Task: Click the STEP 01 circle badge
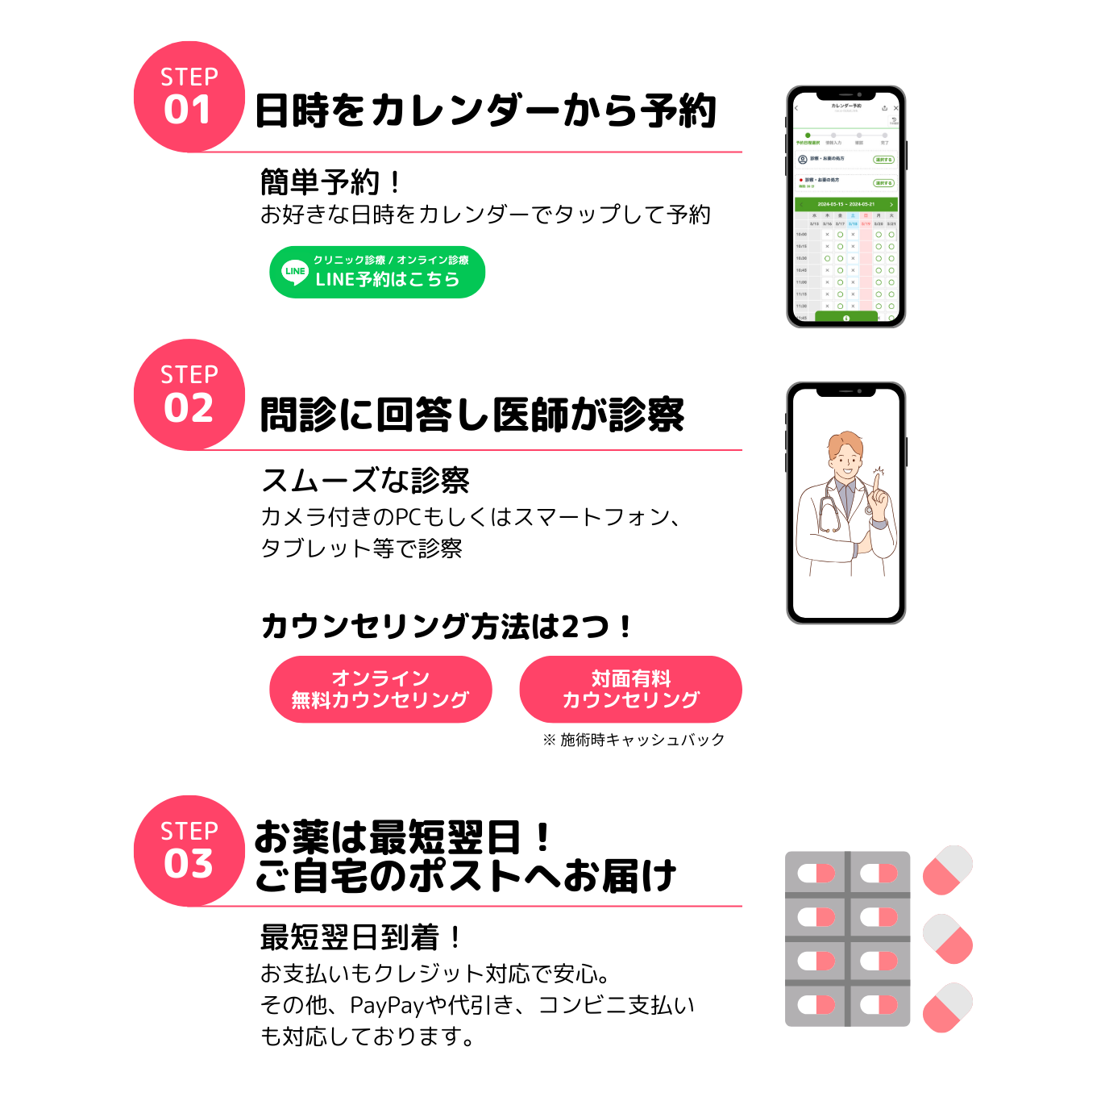pos(189,97)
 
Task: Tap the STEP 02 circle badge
pos(189,394)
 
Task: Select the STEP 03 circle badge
pos(189,851)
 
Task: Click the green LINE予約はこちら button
pos(377,272)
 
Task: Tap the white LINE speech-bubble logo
pos(295,272)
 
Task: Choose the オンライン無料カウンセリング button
pos(380,689)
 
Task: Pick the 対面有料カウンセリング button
pos(630,689)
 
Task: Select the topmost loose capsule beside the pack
pos(948,870)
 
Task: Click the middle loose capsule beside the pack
pos(948,939)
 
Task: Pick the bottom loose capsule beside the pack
pos(948,1007)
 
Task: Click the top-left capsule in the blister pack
pos(816,873)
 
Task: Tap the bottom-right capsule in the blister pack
pos(879,1004)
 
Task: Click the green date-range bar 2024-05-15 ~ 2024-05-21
pos(845,204)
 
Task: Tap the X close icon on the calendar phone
pos(895,108)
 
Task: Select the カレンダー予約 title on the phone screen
pos(845,106)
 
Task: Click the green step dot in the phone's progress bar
pos(808,136)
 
